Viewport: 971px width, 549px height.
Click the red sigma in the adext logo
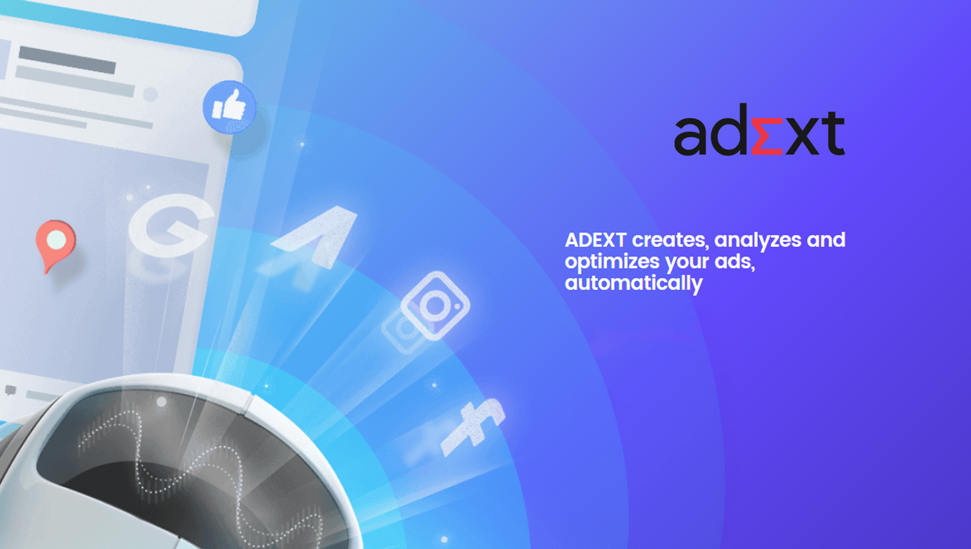767,136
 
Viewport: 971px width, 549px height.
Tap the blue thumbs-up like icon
229,107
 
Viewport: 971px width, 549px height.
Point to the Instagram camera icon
435,305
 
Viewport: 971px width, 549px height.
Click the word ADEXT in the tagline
595,240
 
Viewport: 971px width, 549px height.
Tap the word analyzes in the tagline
758,240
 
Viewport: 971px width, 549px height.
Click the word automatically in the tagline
634,283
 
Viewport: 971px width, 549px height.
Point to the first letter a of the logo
691,137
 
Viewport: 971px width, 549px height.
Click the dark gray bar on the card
67,60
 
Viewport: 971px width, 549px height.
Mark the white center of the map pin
56,240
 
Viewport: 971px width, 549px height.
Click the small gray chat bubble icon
11,390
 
